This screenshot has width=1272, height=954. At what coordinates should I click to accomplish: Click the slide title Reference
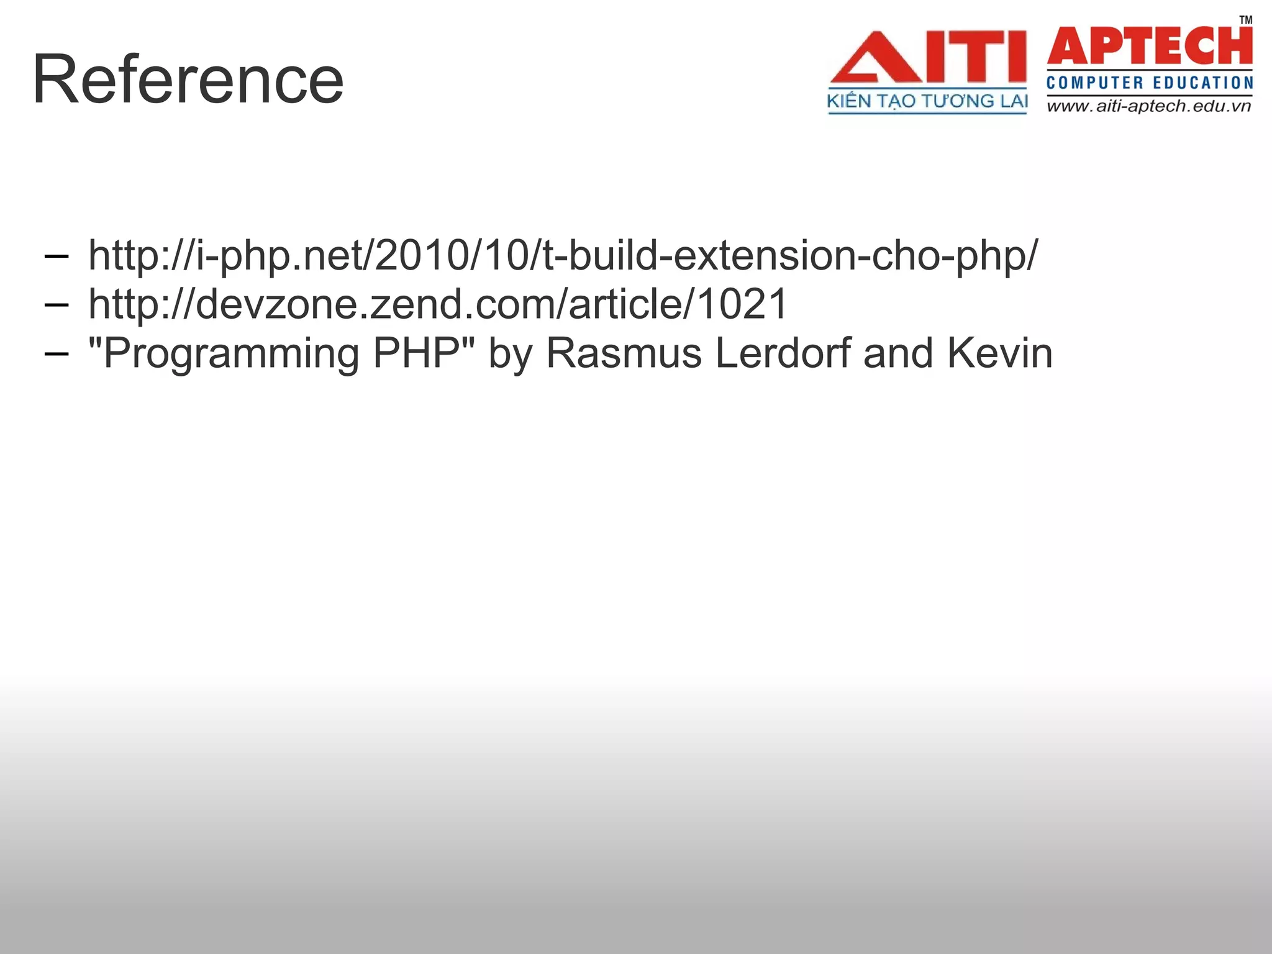click(188, 79)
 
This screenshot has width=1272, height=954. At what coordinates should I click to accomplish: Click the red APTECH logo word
click(1150, 46)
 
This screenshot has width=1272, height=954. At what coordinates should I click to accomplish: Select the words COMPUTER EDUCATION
click(1150, 83)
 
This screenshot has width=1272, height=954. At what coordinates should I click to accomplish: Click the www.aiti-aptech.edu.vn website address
click(1149, 106)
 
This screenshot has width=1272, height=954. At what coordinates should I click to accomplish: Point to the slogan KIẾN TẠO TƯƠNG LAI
click(927, 101)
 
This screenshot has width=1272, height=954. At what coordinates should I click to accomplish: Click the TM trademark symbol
click(1246, 19)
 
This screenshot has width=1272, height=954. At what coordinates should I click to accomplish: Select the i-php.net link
click(563, 255)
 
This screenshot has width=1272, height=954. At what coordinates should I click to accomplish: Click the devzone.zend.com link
click(438, 304)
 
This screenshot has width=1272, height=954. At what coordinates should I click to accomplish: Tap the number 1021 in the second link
click(742, 304)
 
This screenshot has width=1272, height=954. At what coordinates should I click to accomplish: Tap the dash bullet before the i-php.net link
click(56, 255)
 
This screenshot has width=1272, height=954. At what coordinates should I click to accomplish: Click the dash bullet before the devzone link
click(56, 304)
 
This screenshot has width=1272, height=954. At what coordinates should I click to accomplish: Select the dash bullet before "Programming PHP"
click(56, 353)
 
